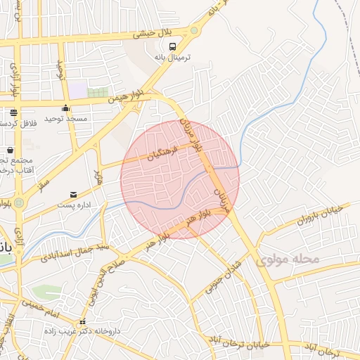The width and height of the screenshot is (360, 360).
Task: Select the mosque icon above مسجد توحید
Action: pyautogui.click(x=66, y=108)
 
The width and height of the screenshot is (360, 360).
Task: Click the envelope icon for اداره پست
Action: pyautogui.click(x=73, y=195)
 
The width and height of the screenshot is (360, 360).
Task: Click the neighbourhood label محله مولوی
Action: pyautogui.click(x=288, y=260)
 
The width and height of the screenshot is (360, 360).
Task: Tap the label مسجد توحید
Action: pyautogui.click(x=65, y=119)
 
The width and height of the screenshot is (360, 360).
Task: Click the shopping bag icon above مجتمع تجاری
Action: pyautogui.click(x=10, y=150)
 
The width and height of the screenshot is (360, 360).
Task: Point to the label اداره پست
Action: pyautogui.click(x=73, y=205)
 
